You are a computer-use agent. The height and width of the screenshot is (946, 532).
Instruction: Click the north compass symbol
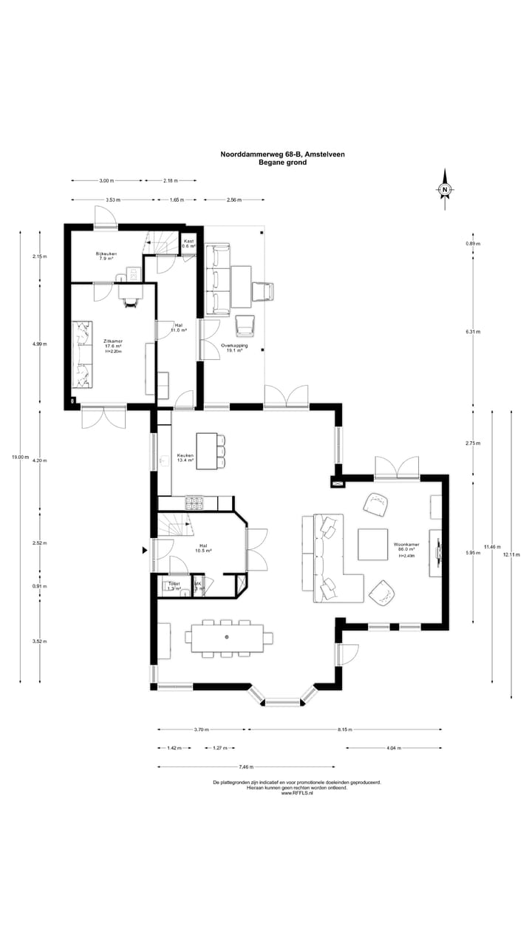(x=446, y=190)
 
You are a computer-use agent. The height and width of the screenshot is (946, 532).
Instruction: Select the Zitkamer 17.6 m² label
(x=112, y=345)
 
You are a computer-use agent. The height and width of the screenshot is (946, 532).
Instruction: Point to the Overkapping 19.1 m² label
(x=233, y=348)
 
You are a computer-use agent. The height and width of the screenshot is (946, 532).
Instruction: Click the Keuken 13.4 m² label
(x=185, y=457)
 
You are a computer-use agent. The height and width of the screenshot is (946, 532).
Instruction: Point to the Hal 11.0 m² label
(x=179, y=327)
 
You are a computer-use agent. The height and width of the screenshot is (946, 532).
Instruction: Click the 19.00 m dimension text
(x=20, y=457)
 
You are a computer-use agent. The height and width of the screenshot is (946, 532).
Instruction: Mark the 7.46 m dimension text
(x=246, y=766)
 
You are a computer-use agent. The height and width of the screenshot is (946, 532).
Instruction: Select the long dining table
(x=227, y=637)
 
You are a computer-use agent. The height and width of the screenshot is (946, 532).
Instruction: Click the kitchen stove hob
(x=194, y=503)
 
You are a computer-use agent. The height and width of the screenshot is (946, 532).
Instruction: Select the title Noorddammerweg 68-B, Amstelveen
(x=282, y=154)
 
